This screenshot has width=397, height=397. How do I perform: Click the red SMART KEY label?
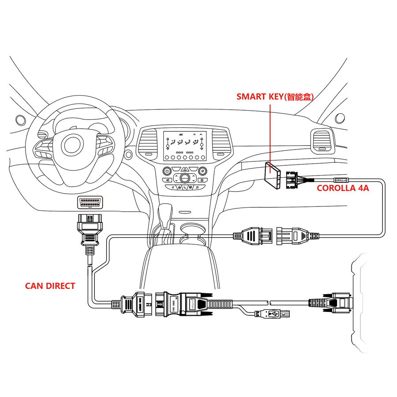(275, 97)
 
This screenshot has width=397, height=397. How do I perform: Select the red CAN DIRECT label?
(50, 286)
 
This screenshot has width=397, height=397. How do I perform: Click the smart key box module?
(273, 175)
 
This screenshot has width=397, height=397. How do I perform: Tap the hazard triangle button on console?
(184, 169)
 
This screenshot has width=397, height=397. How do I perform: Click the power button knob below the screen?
(167, 171)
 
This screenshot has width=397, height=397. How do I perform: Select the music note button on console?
(197, 187)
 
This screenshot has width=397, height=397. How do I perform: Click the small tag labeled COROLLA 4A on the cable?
(341, 180)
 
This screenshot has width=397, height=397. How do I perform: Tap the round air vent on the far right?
(340, 118)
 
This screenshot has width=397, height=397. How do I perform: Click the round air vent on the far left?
(20, 120)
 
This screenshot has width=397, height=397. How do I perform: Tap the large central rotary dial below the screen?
(184, 178)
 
